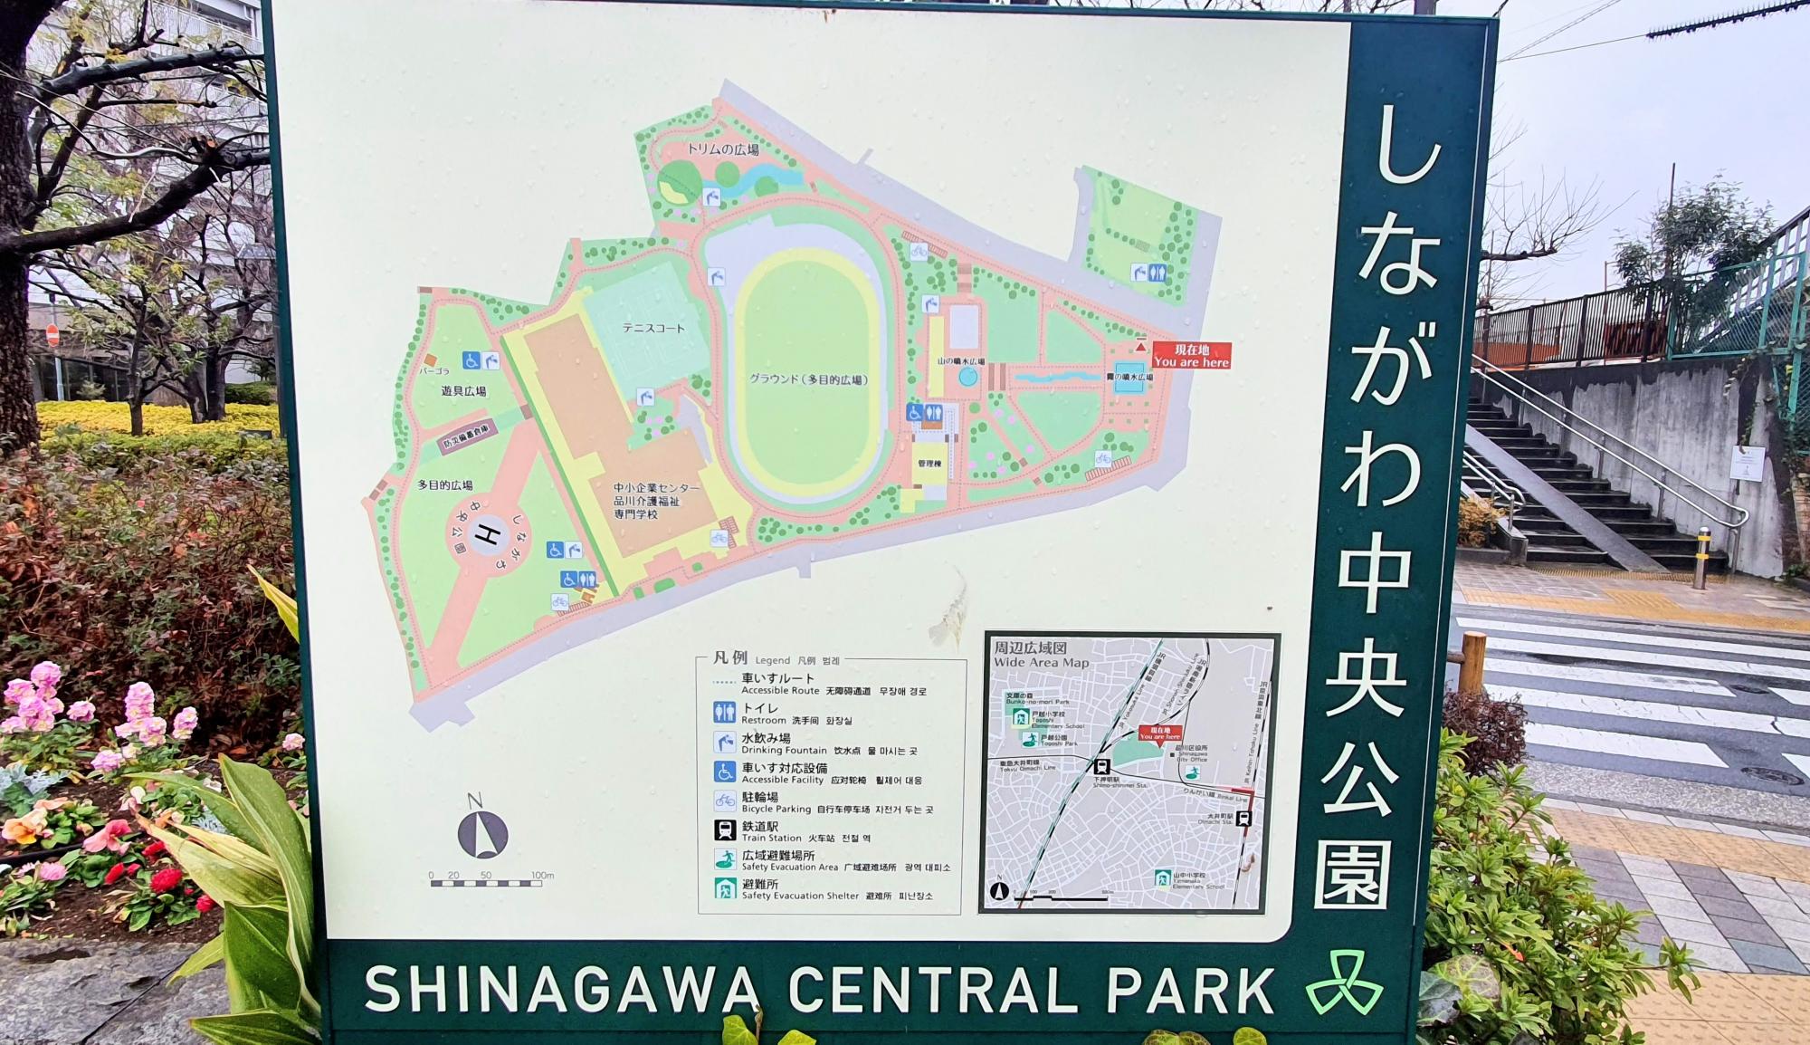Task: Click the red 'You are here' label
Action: coord(1191,356)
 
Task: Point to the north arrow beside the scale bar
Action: coord(482,834)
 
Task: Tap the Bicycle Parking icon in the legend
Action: coord(724,801)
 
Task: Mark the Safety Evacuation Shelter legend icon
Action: coord(724,888)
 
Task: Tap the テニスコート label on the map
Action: coord(653,328)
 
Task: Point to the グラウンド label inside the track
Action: coord(808,379)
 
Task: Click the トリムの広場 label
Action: coord(722,149)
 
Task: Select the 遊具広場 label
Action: coord(463,391)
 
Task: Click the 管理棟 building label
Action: coord(929,464)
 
